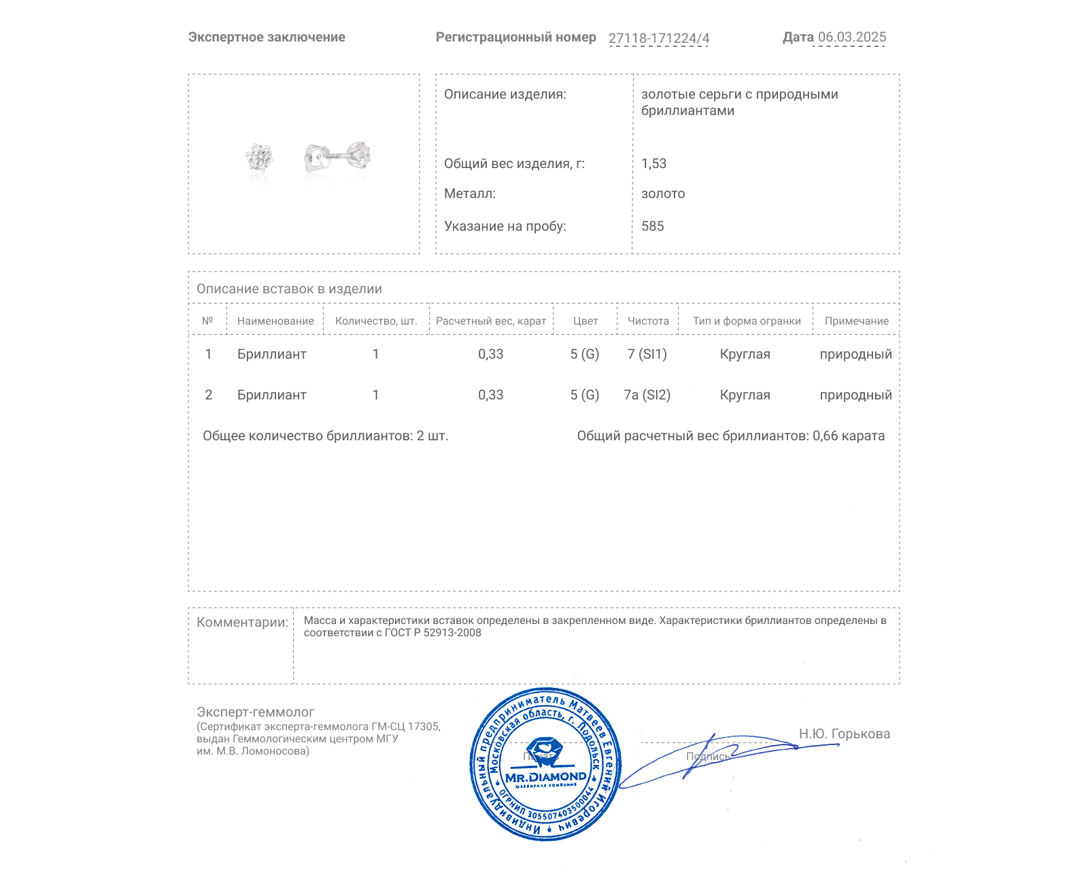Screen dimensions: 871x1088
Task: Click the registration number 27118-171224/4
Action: click(x=658, y=38)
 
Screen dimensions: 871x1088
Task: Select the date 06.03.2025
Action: click(x=851, y=37)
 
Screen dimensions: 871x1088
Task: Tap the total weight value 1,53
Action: click(x=653, y=164)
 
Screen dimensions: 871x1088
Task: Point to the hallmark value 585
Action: click(x=652, y=227)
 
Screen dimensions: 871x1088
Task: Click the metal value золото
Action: click(x=663, y=194)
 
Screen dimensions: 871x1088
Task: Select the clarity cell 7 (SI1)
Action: click(x=647, y=355)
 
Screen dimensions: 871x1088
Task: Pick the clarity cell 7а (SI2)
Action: click(x=647, y=395)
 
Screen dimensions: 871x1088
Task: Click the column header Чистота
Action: click(x=647, y=321)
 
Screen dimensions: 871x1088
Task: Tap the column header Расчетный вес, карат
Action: click(x=490, y=321)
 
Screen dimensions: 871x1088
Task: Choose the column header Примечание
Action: click(x=856, y=321)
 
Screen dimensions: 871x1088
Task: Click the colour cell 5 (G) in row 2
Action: click(x=584, y=395)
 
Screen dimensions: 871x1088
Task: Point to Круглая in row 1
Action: click(x=745, y=355)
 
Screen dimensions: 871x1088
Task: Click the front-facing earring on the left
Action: click(x=259, y=158)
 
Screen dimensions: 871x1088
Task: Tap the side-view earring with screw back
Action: click(x=338, y=157)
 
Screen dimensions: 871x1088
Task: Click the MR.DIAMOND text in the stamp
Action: click(x=545, y=777)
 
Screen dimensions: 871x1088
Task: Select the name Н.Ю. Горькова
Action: click(x=844, y=734)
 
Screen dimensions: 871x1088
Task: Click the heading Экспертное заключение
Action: click(x=267, y=37)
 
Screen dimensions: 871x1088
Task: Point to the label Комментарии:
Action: click(x=241, y=623)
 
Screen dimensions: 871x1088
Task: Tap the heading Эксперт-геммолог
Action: click(x=255, y=712)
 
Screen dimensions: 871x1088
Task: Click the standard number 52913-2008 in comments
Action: click(x=452, y=633)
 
